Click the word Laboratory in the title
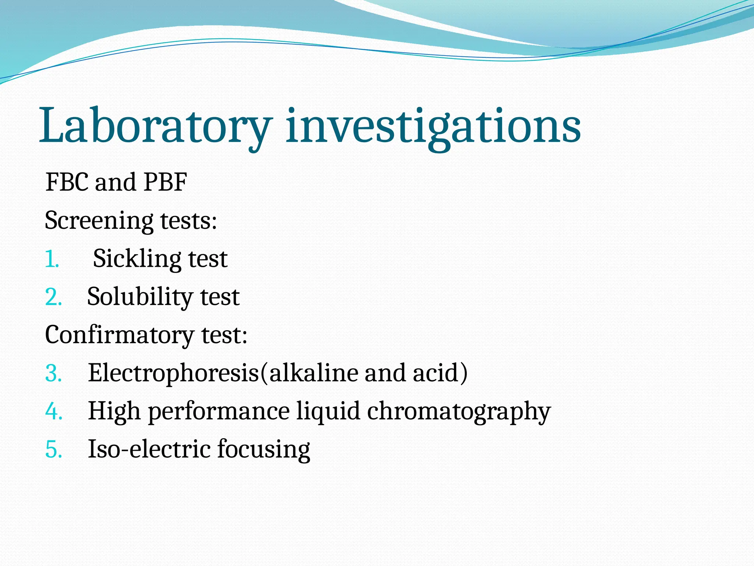[x=155, y=126]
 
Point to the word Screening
[x=99, y=221]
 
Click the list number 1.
[x=52, y=259]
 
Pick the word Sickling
[x=137, y=259]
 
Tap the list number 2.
[x=53, y=297]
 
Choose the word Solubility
[x=140, y=297]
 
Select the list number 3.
[x=53, y=373]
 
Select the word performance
[x=219, y=412]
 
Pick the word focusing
[x=263, y=450]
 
